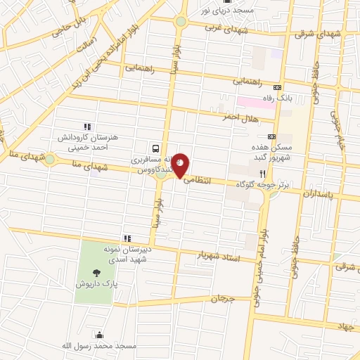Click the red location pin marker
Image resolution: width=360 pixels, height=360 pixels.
pos(181,165)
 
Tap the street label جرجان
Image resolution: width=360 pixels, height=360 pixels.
pos(221,300)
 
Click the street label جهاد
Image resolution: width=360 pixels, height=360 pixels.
pos(344,327)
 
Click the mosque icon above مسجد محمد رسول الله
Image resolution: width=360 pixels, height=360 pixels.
pos(99,335)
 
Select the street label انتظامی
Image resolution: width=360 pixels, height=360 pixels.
pos(197,180)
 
